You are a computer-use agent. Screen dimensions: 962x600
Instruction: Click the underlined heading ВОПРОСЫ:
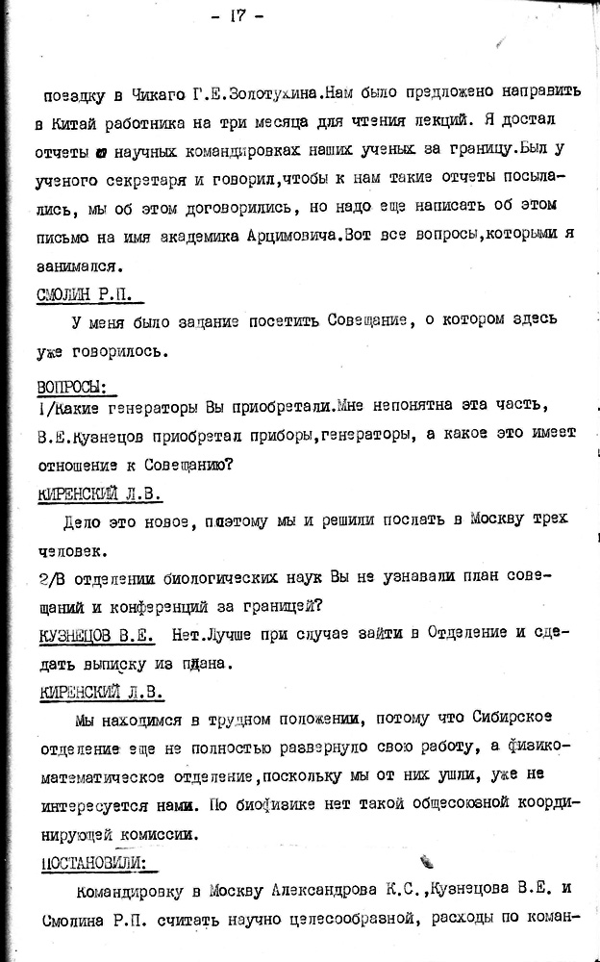pos(71,387)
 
